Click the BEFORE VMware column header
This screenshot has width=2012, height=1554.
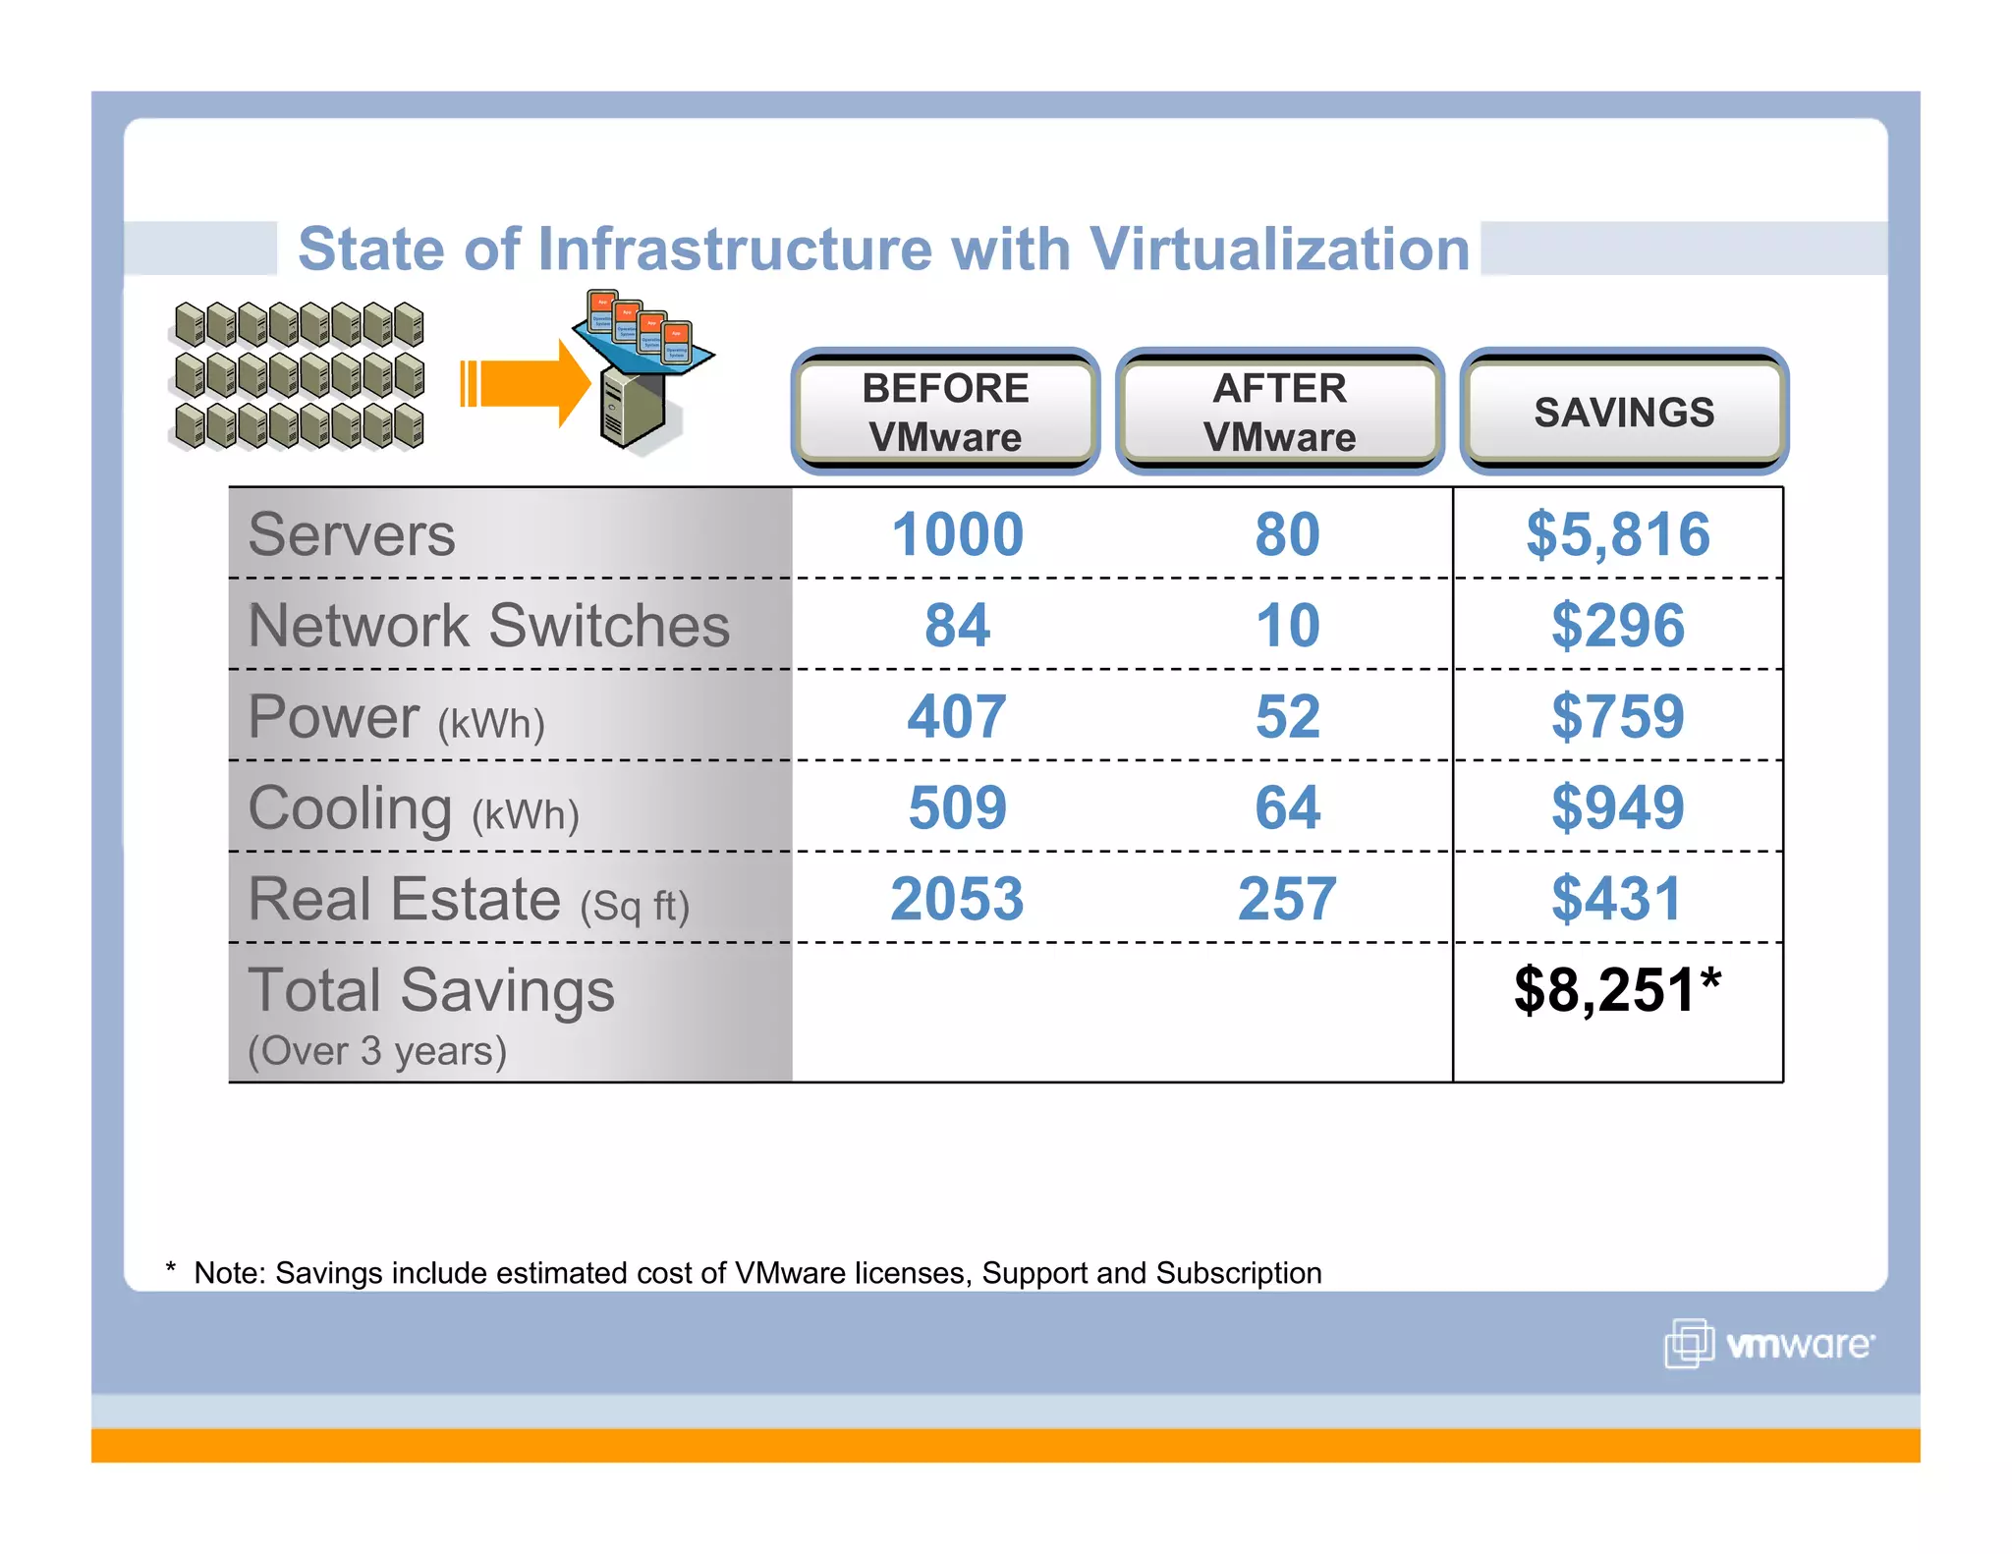(945, 412)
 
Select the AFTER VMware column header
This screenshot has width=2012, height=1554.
(1279, 412)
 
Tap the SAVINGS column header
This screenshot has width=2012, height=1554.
(1623, 412)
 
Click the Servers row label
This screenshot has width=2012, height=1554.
(352, 534)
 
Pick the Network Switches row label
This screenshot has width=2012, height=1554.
(488, 626)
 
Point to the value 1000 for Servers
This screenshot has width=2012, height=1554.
(957, 534)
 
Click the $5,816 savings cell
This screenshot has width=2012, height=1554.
(1617, 534)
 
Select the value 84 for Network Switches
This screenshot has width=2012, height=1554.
(957, 626)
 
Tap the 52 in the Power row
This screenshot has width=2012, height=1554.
(1287, 716)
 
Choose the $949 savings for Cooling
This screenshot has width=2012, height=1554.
(1617, 807)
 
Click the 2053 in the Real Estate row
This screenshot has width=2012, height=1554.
(957, 899)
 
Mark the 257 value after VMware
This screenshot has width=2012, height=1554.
(1287, 899)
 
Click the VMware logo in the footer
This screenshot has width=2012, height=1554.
(1768, 1343)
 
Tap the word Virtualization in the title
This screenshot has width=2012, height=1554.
(1279, 249)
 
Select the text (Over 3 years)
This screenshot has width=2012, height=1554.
(377, 1051)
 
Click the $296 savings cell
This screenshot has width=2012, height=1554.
(1617, 626)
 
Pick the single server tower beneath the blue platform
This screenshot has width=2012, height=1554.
(632, 409)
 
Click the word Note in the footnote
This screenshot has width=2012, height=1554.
(228, 1273)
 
